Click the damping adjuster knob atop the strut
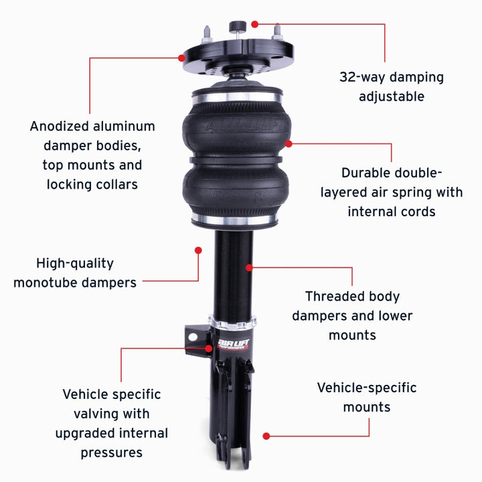[x=235, y=27]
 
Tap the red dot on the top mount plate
[x=181, y=58]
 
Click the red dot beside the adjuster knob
[x=255, y=24]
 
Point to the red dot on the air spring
[x=289, y=143]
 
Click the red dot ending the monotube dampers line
[x=198, y=250]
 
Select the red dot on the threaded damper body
[x=249, y=267]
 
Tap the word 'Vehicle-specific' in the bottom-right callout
[x=367, y=388]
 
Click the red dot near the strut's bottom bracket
[x=266, y=436]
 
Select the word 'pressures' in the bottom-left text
[x=112, y=453]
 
